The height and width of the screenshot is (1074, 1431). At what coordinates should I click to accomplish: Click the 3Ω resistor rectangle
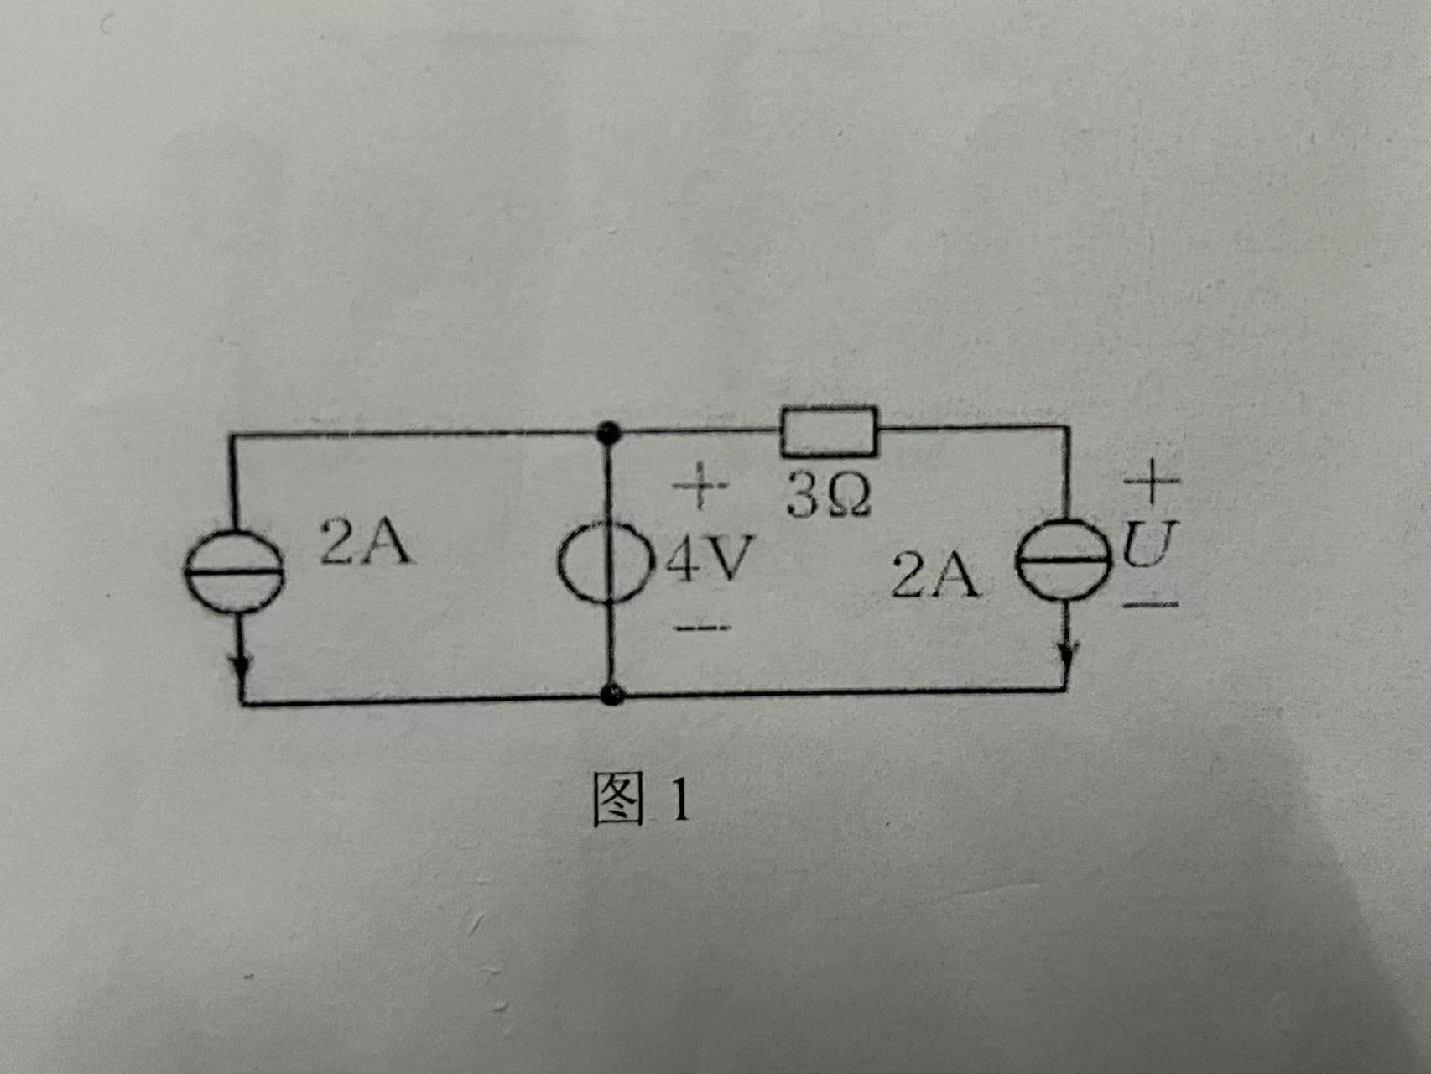pos(829,432)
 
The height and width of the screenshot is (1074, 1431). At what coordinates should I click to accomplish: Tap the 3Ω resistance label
pos(828,495)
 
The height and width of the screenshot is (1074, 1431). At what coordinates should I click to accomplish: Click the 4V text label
pos(710,558)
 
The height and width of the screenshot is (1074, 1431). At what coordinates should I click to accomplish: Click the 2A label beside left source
pos(366,542)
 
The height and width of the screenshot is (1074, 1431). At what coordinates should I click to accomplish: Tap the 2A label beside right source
pos(934,576)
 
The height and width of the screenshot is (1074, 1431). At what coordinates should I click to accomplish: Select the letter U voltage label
pos(1150,544)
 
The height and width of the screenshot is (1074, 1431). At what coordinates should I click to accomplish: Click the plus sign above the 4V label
pos(700,485)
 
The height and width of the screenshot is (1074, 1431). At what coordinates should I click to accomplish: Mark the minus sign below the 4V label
pos(702,627)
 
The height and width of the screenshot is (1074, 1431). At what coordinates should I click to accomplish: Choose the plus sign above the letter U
pos(1152,481)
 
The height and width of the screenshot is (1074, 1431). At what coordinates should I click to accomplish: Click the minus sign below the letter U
pos(1150,603)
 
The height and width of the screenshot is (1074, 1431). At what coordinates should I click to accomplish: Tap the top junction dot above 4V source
pos(606,433)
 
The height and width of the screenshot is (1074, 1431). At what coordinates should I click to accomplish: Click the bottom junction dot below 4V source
pos(613,695)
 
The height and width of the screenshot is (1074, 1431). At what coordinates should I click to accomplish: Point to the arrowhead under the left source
pos(242,668)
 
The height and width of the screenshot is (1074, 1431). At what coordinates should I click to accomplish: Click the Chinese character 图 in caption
pos(618,799)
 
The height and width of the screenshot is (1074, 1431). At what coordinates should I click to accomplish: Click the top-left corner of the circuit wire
pos(232,435)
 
